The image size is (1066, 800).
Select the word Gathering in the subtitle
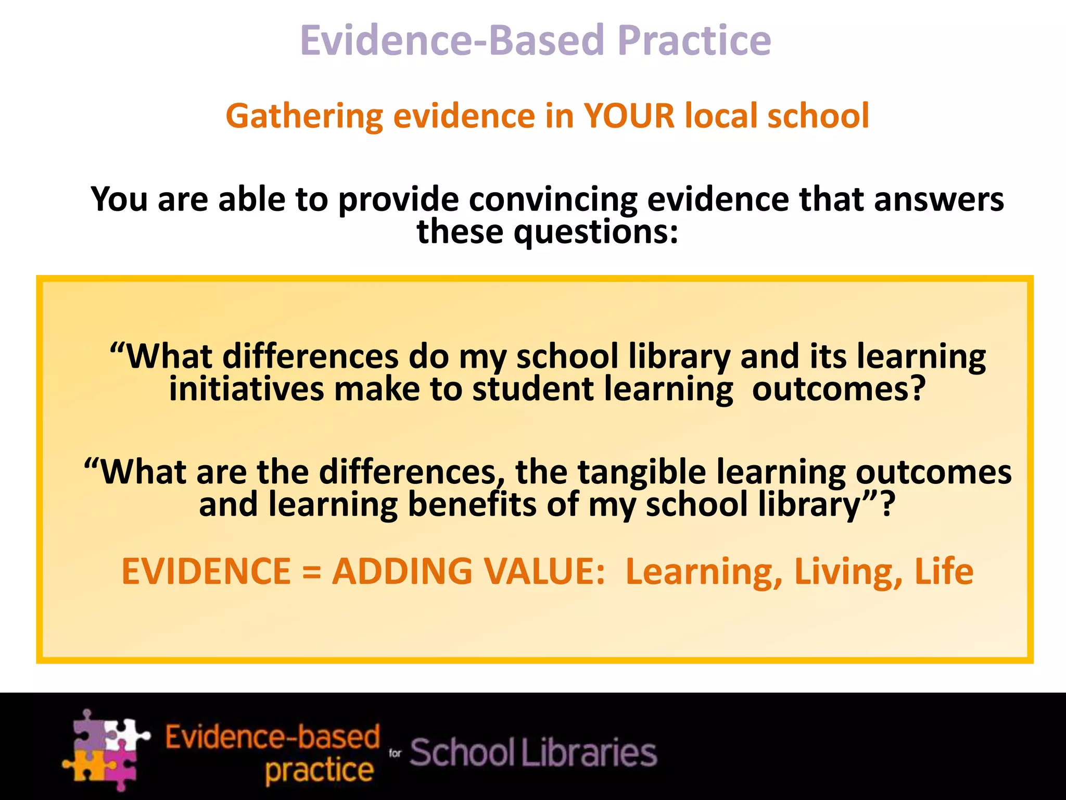click(304, 117)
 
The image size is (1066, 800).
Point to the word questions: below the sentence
click(596, 233)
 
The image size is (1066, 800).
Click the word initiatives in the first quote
click(246, 390)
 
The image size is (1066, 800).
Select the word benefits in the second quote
click(472, 505)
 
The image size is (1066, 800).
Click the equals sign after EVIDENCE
click(311, 572)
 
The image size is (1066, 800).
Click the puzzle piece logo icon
click(106, 751)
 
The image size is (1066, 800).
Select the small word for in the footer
click(395, 753)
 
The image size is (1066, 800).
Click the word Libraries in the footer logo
click(589, 753)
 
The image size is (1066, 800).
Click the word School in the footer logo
click(462, 753)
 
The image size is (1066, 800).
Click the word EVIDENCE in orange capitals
click(206, 572)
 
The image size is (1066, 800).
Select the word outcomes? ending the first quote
click(839, 390)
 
